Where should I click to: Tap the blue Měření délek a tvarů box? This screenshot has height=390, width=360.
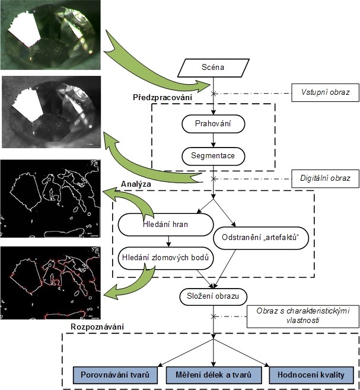pos(213,375)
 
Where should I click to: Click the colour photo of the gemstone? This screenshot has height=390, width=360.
pos(51,36)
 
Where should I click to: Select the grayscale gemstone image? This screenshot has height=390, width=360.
pos(51,113)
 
